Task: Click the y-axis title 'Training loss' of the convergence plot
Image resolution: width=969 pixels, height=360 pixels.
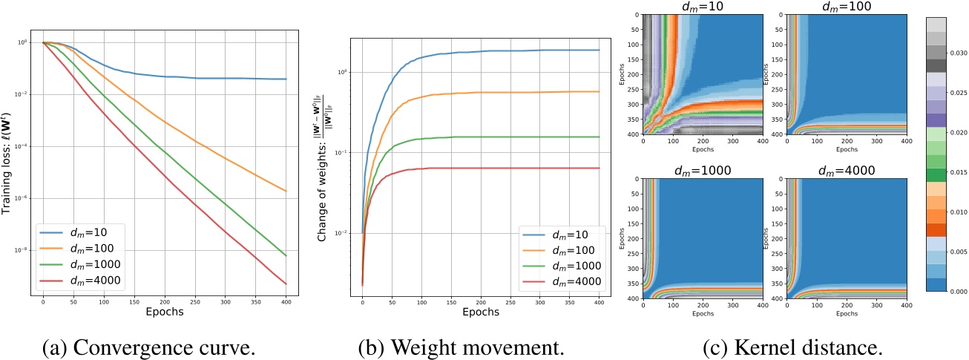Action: (x=10, y=160)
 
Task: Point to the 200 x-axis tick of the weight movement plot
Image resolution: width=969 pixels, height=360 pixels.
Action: (x=481, y=303)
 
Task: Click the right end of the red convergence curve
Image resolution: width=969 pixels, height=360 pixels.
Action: (x=286, y=284)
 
